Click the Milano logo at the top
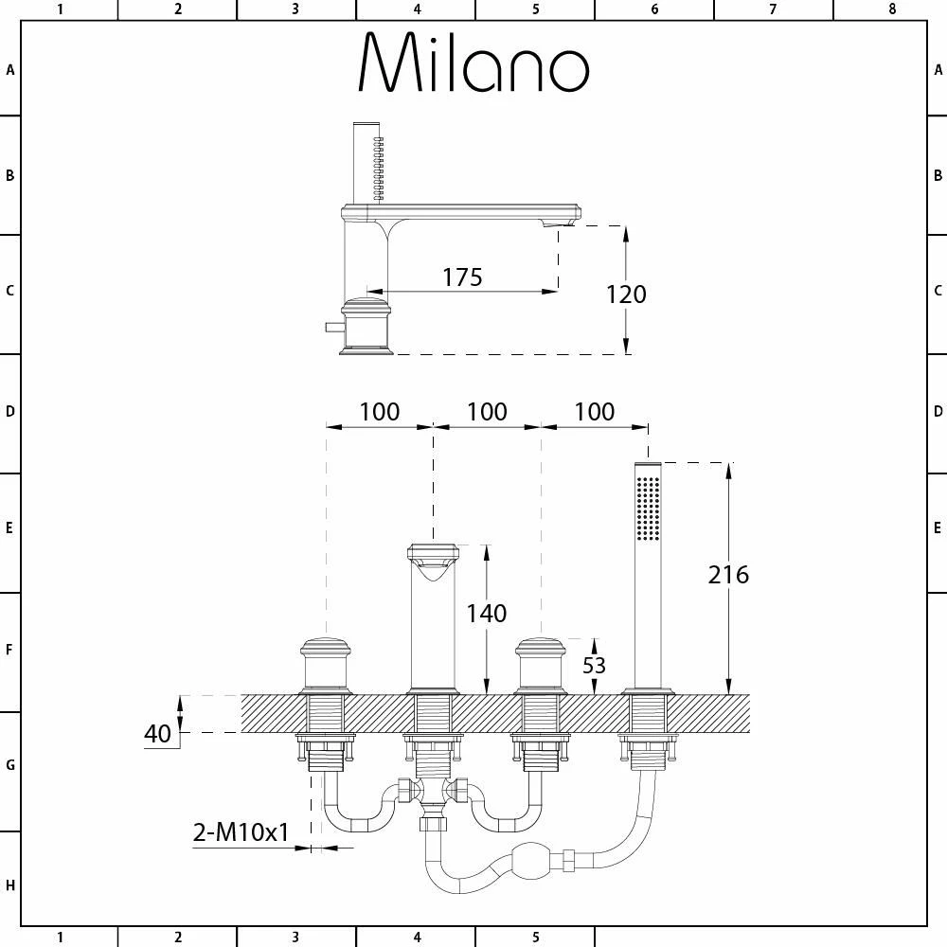click(474, 63)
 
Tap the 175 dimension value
click(463, 277)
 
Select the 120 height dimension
click(626, 295)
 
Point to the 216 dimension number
click(728, 575)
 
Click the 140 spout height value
click(487, 614)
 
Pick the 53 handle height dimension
click(595, 665)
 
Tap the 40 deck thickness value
click(157, 734)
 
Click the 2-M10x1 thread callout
click(241, 832)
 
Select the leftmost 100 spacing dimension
click(380, 412)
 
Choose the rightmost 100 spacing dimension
click(595, 412)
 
